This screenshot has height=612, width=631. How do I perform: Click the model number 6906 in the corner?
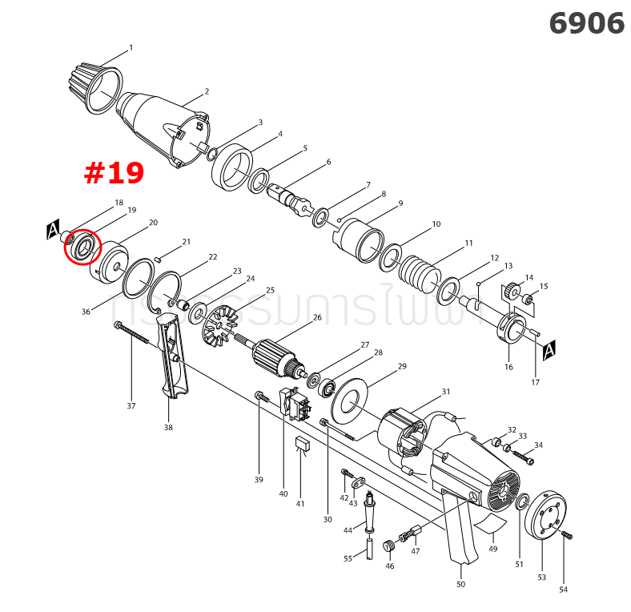point(586,23)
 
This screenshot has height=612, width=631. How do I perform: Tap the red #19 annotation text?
point(114,173)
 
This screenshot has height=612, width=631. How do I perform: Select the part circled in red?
point(81,247)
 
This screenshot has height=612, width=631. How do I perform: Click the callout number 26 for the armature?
point(318,317)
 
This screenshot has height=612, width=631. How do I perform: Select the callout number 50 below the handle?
point(460,585)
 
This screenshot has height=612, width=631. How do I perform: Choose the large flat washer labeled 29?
point(352,400)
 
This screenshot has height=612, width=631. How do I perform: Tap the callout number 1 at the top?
point(131,47)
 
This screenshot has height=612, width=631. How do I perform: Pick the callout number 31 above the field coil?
point(446,392)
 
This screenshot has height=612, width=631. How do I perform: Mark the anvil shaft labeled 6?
point(289,196)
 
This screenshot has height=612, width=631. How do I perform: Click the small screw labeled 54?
point(568,534)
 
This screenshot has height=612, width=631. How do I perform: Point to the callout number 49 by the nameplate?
point(493,549)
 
